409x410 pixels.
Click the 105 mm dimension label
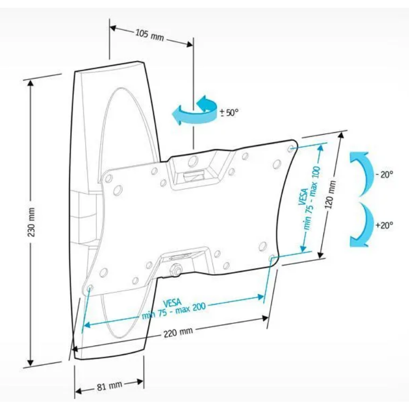pos(150,35)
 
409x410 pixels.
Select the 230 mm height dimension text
pos(31,222)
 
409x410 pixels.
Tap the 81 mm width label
pos(110,386)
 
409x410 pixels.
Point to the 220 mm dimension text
pos(178,332)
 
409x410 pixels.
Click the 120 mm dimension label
pos(331,194)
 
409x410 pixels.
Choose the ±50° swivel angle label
pos(230,113)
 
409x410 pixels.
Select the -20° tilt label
pos(384,174)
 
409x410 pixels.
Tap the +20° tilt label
pos(384,225)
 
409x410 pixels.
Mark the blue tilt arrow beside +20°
pos(363,224)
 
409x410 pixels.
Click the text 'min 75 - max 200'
pos(174,311)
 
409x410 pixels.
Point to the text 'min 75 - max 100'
pos(312,198)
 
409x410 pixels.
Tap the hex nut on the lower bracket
pos(175,270)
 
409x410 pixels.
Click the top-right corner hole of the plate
pos(290,149)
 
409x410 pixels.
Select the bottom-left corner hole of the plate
pos(89,288)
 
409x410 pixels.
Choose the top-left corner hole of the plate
pos(108,178)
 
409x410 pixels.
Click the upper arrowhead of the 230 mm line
pos(30,84)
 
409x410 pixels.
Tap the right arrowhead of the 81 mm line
pos(140,382)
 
